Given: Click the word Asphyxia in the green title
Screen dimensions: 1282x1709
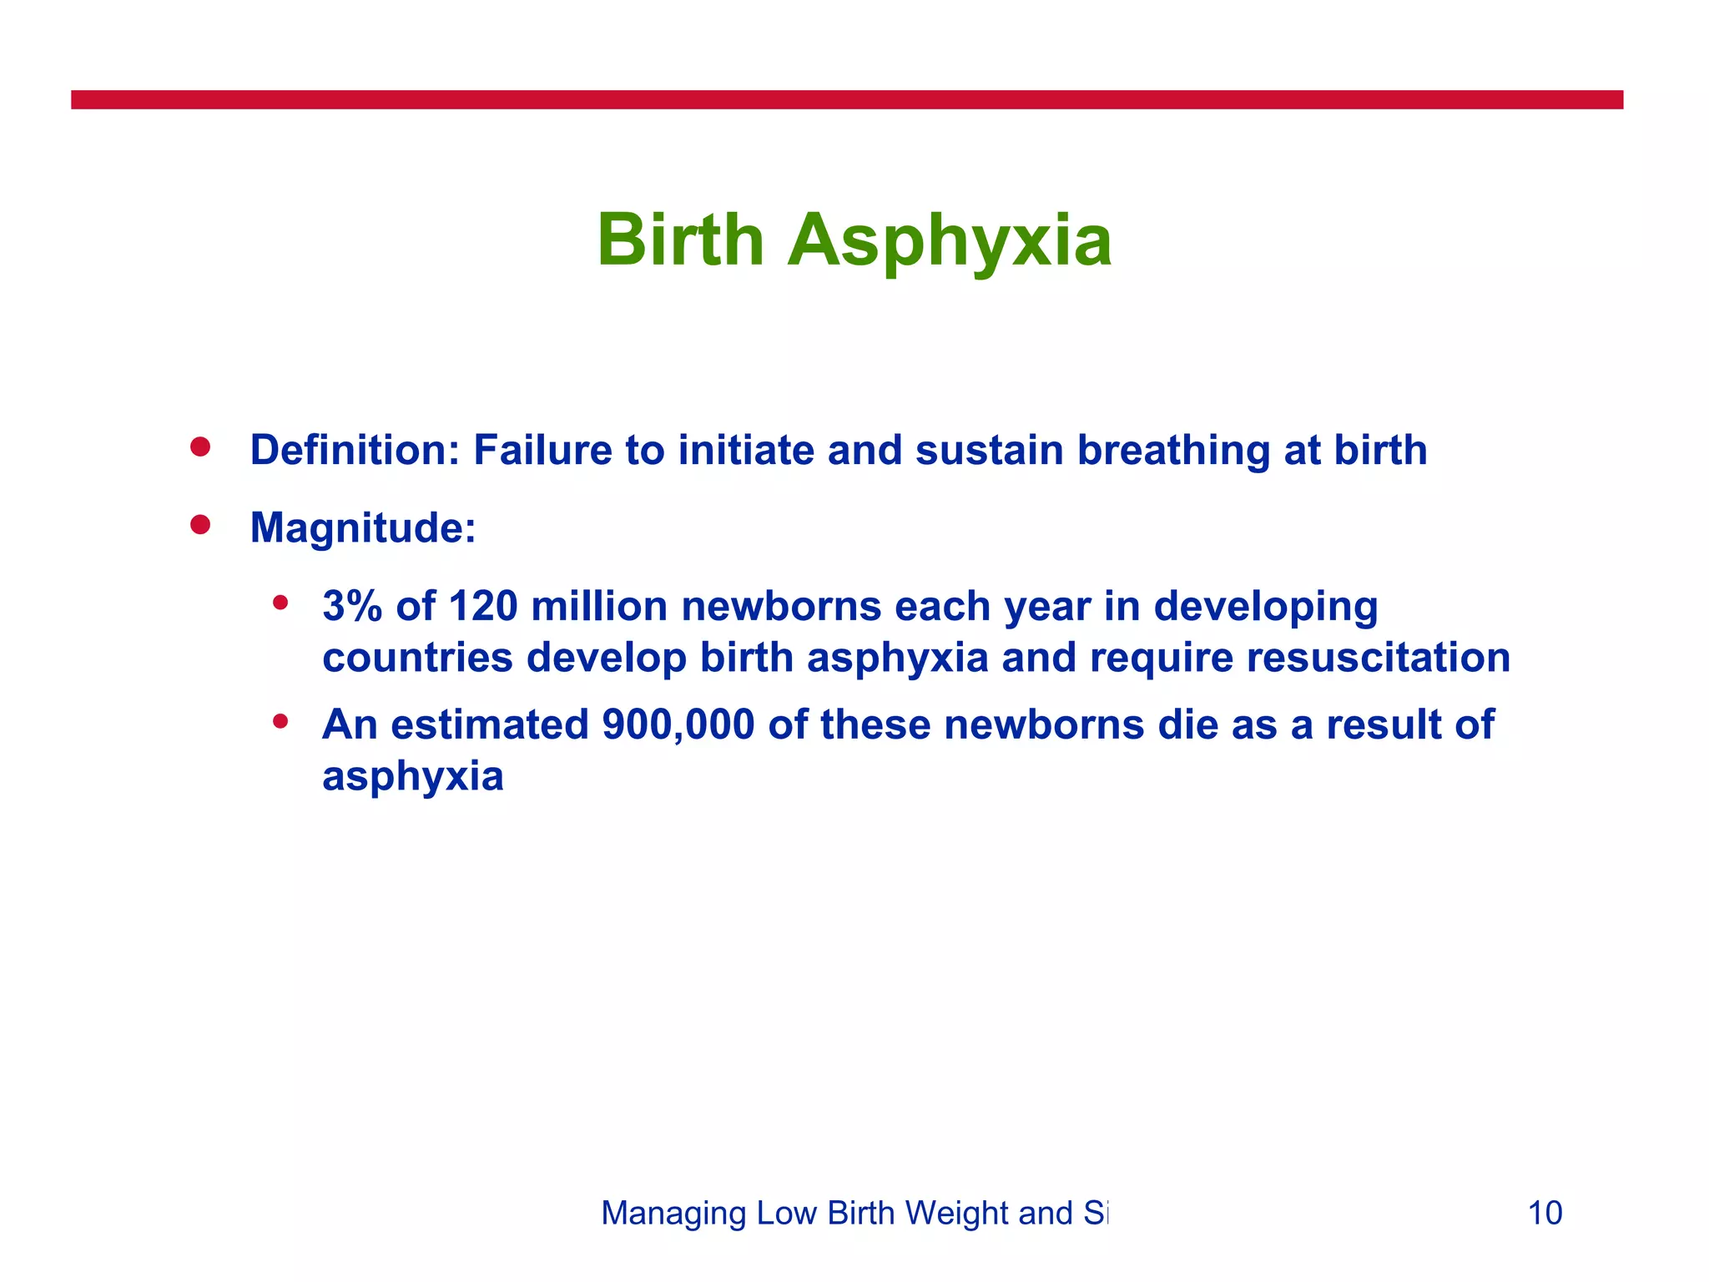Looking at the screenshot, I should coord(949,242).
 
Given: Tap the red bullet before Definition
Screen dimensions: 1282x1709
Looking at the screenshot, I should coord(199,447).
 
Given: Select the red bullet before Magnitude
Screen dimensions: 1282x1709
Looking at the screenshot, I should coord(199,525).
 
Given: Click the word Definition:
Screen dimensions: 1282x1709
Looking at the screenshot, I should coord(355,450).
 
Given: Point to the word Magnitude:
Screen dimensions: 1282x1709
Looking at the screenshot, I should coord(363,528).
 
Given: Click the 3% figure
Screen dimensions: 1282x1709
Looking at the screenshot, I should coord(351,606).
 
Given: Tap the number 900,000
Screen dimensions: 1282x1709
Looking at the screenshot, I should coord(678,724).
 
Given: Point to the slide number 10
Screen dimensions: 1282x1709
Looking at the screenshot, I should coord(1544,1213).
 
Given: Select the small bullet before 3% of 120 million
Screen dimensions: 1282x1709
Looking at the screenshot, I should coord(280,602).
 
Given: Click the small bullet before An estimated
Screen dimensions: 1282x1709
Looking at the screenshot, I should coord(280,720).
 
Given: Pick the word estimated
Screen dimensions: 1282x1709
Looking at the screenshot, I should coord(490,724).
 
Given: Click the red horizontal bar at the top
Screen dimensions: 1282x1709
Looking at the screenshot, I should coord(846,100).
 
